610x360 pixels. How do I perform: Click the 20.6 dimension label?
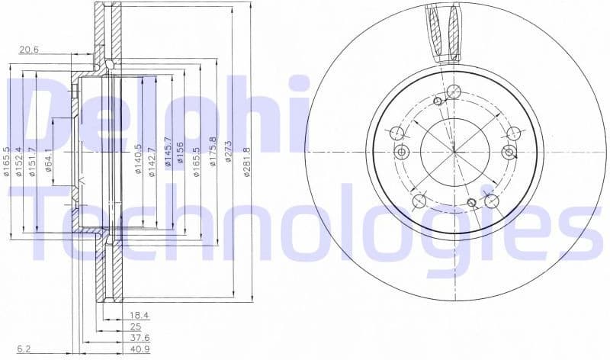pyautogui.click(x=29, y=50)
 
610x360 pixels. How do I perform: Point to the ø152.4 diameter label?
pyautogui.click(x=19, y=160)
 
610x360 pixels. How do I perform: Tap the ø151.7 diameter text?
pyautogui.click(x=33, y=161)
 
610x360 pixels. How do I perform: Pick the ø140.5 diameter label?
pyautogui.click(x=139, y=159)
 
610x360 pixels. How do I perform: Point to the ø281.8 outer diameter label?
pyautogui.click(x=247, y=161)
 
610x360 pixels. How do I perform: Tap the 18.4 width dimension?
pyautogui.click(x=138, y=314)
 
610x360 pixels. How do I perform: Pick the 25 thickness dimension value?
pyautogui.click(x=136, y=326)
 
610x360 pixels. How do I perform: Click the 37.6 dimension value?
pyautogui.click(x=138, y=338)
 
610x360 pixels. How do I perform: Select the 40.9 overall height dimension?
pyautogui.click(x=138, y=350)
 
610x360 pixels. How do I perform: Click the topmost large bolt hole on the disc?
pyautogui.click(x=454, y=92)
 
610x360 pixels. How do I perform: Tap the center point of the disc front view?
pyautogui.click(x=454, y=151)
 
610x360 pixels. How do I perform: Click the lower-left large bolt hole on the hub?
pyautogui.click(x=419, y=201)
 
